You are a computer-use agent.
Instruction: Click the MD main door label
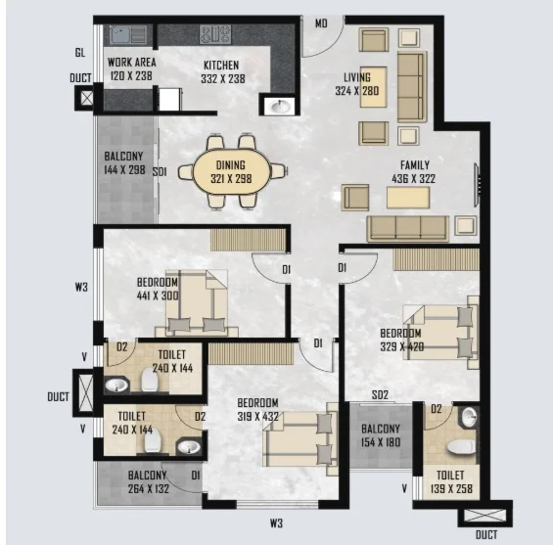coord(321,23)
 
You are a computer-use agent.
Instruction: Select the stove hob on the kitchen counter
coord(215,34)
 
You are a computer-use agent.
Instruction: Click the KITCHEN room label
coord(221,66)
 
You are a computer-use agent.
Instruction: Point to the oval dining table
coord(232,171)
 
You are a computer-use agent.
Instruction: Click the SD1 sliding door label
coord(160,172)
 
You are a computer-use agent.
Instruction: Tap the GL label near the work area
coord(80,53)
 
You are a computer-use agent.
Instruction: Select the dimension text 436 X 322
coord(413,179)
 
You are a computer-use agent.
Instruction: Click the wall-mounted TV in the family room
coord(477,185)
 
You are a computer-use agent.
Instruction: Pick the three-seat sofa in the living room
coord(412,87)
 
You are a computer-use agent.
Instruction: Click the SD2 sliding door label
coord(380,395)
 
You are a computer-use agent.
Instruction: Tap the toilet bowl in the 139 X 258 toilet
coord(461,447)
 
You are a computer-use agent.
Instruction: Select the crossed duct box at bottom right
coord(484,516)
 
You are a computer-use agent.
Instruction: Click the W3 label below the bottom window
coord(276,523)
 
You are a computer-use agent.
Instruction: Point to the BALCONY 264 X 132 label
coord(148,482)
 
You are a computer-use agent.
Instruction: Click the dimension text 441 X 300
coord(158,295)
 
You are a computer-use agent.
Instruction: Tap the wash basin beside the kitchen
coord(280,106)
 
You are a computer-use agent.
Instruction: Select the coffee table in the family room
coord(408,198)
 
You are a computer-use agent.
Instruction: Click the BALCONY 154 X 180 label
coord(381,435)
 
